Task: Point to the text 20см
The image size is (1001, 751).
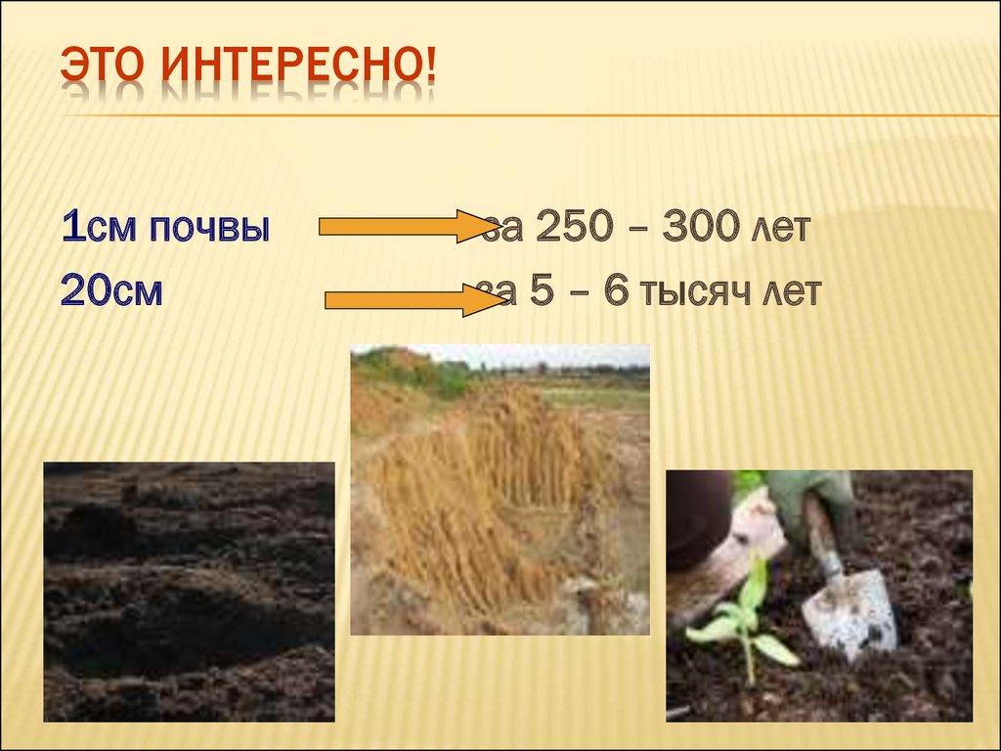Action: pos(110,291)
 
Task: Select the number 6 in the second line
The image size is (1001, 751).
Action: pos(614,291)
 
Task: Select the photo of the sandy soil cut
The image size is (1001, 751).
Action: pos(500,489)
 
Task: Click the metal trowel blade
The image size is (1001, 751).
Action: pos(850,611)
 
